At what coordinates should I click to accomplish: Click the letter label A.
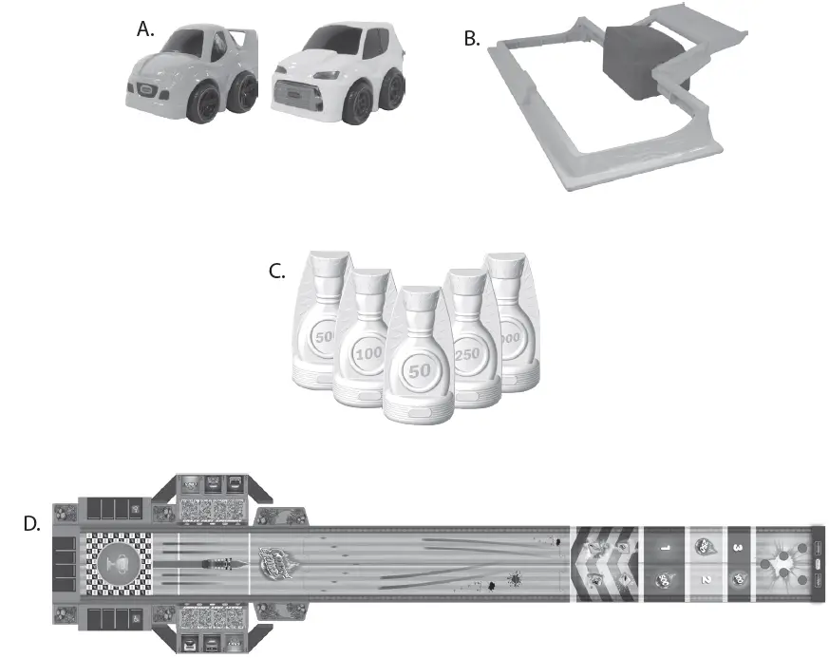(145, 28)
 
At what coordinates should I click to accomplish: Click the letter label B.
(470, 39)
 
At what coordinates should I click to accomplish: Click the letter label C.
(277, 271)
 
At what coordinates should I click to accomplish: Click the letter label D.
(31, 523)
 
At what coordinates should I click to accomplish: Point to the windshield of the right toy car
(324, 43)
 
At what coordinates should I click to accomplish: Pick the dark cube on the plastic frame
(640, 61)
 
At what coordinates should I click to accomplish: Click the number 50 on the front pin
(418, 369)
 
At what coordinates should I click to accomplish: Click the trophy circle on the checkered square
(118, 564)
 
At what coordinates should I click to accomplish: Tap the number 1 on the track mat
(665, 548)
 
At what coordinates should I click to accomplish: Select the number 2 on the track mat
(705, 578)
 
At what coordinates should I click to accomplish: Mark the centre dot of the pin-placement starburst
(782, 564)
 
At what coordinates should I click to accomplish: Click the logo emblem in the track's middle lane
(277, 555)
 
